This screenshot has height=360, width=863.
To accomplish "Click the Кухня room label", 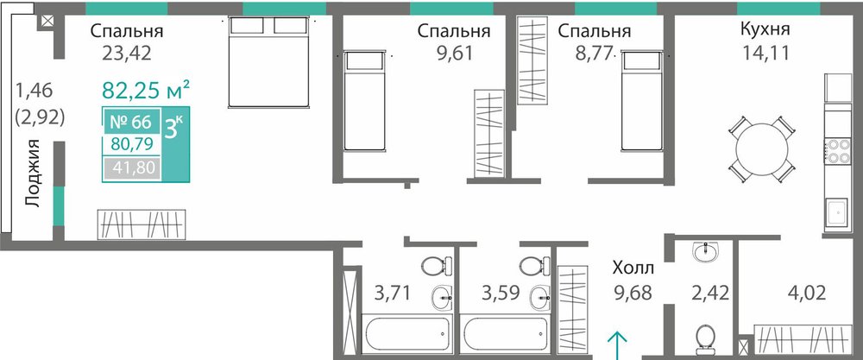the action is (765, 28).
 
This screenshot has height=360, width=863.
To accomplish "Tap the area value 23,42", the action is (126, 54).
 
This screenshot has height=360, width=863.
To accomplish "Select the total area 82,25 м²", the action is (147, 90).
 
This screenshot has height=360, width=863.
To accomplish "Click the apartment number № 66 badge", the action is (131, 122).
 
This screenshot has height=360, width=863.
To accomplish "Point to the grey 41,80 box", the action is (132, 167).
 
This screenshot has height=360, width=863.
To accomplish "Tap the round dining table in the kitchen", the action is (762, 149).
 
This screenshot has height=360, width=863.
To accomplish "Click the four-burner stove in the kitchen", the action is (836, 151).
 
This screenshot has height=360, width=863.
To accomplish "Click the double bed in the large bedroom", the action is (268, 61).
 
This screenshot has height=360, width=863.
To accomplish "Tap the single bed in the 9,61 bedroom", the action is (364, 101).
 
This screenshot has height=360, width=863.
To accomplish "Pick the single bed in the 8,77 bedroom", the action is (642, 100).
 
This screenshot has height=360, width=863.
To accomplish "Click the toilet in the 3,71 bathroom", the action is (437, 266).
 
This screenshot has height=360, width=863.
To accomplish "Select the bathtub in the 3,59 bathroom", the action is (505, 333).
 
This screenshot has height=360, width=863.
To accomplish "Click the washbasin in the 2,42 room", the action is (706, 253).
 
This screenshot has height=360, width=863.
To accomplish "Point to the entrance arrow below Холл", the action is (617, 345).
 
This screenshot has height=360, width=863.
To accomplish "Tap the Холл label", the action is (633, 268).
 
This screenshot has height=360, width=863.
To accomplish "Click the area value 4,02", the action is (807, 293).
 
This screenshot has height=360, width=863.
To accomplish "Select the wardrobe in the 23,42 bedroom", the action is (142, 224).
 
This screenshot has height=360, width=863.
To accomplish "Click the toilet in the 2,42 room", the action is (705, 338).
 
